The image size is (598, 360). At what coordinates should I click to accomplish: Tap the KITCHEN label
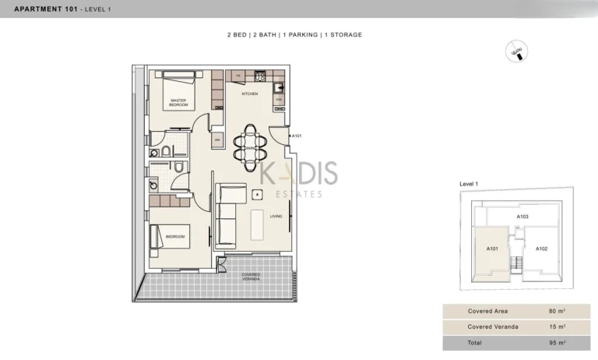[249, 94]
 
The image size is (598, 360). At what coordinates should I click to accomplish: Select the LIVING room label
[276, 217]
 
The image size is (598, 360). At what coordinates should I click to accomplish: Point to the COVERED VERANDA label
[251, 276]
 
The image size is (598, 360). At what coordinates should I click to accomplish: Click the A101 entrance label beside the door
[297, 136]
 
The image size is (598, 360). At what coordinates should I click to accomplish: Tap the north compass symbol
[515, 51]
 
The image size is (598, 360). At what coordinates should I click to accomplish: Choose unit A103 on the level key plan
[523, 217]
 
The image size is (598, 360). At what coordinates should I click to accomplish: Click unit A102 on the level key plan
[542, 249]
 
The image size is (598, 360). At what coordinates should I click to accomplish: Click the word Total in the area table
[475, 343]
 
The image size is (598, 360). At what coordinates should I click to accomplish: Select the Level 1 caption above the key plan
[469, 183]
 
